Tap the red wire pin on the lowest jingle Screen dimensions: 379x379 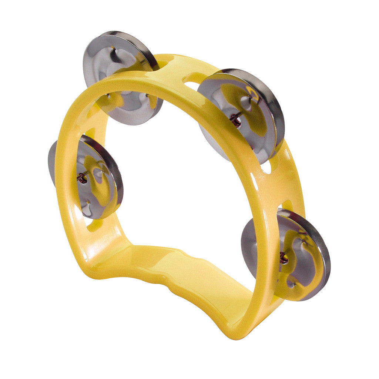284,258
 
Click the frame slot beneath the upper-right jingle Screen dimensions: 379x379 266,168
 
